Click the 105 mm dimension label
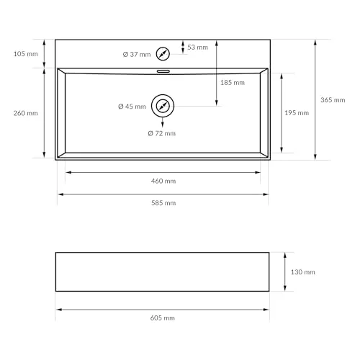[26, 54]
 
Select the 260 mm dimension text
[26, 113]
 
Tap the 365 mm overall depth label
[333, 100]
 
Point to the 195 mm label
[297, 113]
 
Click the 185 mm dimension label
[233, 83]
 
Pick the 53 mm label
[197, 48]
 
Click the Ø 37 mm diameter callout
[137, 55]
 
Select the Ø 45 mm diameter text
[132, 107]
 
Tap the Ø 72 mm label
[162, 133]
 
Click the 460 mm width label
[163, 181]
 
